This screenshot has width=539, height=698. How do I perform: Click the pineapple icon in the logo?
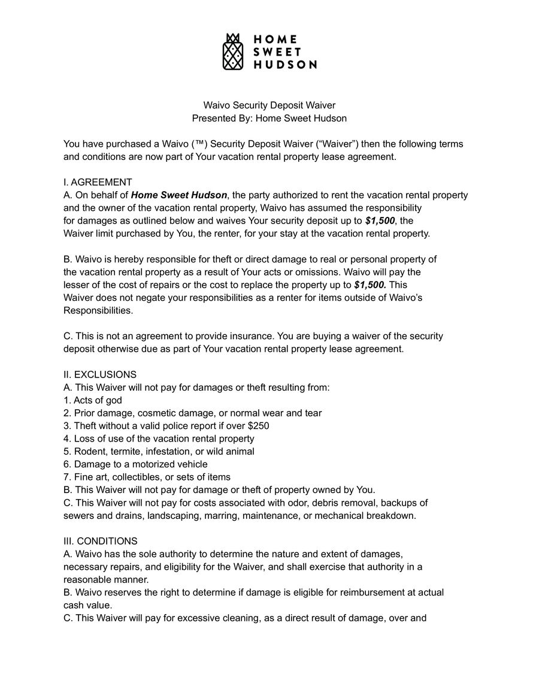point(234,52)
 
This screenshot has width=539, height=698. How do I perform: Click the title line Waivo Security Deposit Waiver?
point(269,105)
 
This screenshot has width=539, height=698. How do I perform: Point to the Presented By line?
point(269,119)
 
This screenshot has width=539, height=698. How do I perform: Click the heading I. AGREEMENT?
point(98,182)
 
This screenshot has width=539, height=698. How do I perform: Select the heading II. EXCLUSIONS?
point(100,374)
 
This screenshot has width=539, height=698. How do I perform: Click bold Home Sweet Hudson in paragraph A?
point(179,195)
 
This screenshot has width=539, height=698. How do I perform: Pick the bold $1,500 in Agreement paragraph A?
point(380,221)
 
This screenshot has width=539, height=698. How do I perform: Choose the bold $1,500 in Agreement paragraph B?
point(370,285)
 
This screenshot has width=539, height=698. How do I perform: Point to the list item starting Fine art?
point(147,477)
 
